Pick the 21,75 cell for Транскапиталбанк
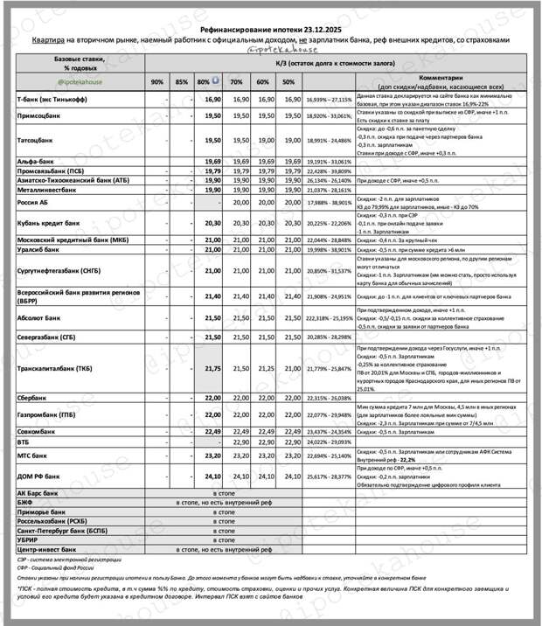click(211, 369)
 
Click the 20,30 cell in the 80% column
click(211, 223)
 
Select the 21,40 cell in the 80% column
click(211, 296)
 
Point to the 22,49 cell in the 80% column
click(211, 431)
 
